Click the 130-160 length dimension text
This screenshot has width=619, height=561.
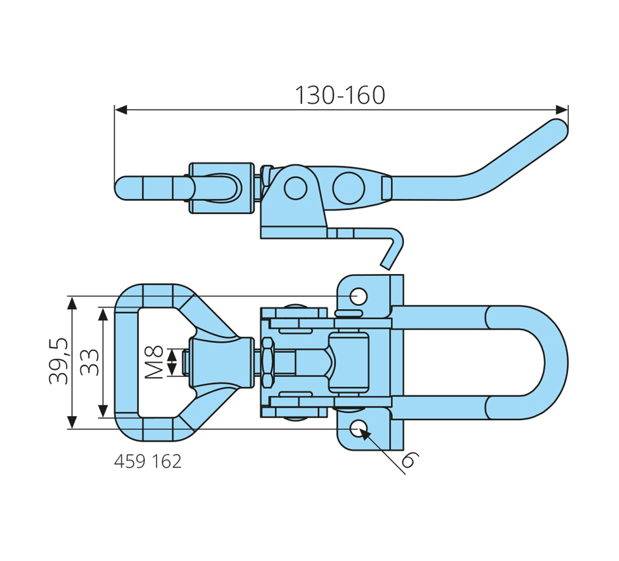click(340, 95)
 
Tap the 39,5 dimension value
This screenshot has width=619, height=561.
click(59, 361)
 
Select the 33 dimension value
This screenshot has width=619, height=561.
click(90, 362)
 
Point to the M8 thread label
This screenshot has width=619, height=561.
click(154, 362)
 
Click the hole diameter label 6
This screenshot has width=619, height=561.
click(409, 460)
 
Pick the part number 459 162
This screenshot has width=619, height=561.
click(148, 461)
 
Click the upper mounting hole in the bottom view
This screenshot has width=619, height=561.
click(358, 296)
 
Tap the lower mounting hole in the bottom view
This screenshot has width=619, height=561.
click(358, 429)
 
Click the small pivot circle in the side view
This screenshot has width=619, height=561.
click(295, 188)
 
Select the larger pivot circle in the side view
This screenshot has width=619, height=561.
click(348, 188)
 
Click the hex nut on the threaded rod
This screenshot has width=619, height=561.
click(268, 362)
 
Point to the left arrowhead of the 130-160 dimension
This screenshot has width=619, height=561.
click(121, 110)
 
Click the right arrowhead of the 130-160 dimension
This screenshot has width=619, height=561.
click(562, 110)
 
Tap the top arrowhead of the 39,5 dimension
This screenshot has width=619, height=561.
click(72, 303)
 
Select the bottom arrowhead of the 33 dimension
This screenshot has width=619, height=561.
click(103, 410)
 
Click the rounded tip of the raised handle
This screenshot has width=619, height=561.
click(558, 129)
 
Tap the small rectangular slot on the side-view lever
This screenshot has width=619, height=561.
click(386, 188)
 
